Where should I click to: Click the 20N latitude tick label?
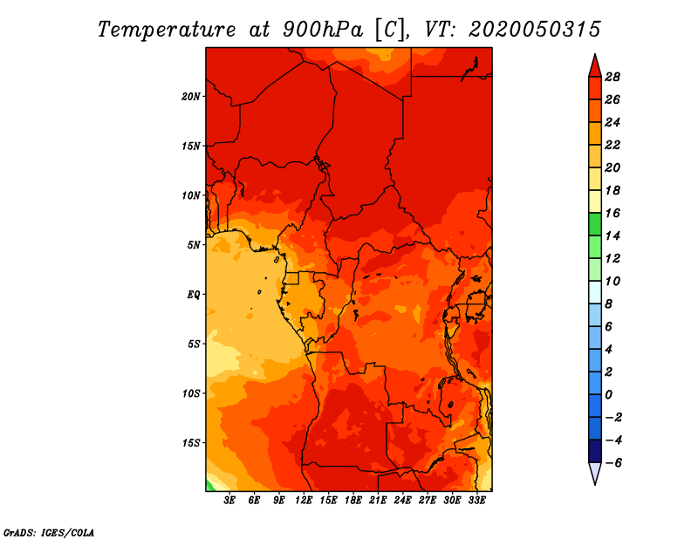coord(190,96)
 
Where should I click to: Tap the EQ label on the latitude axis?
coord(193,295)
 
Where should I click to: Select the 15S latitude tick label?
coord(190,443)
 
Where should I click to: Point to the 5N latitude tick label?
coord(193,245)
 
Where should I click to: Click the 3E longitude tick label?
coord(229,500)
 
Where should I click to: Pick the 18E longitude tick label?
coord(353,500)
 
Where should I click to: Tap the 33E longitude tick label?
coord(476,500)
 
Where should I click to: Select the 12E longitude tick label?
coord(304,500)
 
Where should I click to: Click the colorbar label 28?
coord(612,77)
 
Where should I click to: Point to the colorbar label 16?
coord(612,213)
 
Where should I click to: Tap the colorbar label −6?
coord(613,463)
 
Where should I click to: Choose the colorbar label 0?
coord(608,395)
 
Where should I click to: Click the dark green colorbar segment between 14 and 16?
coord(595,224)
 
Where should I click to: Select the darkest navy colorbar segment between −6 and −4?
coord(595,451)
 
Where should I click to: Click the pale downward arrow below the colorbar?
coord(595,473)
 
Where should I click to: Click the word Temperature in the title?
coord(167,30)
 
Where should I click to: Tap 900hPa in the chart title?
coord(322,30)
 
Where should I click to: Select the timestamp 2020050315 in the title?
coord(535,30)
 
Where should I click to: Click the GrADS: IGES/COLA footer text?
coord(49,533)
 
